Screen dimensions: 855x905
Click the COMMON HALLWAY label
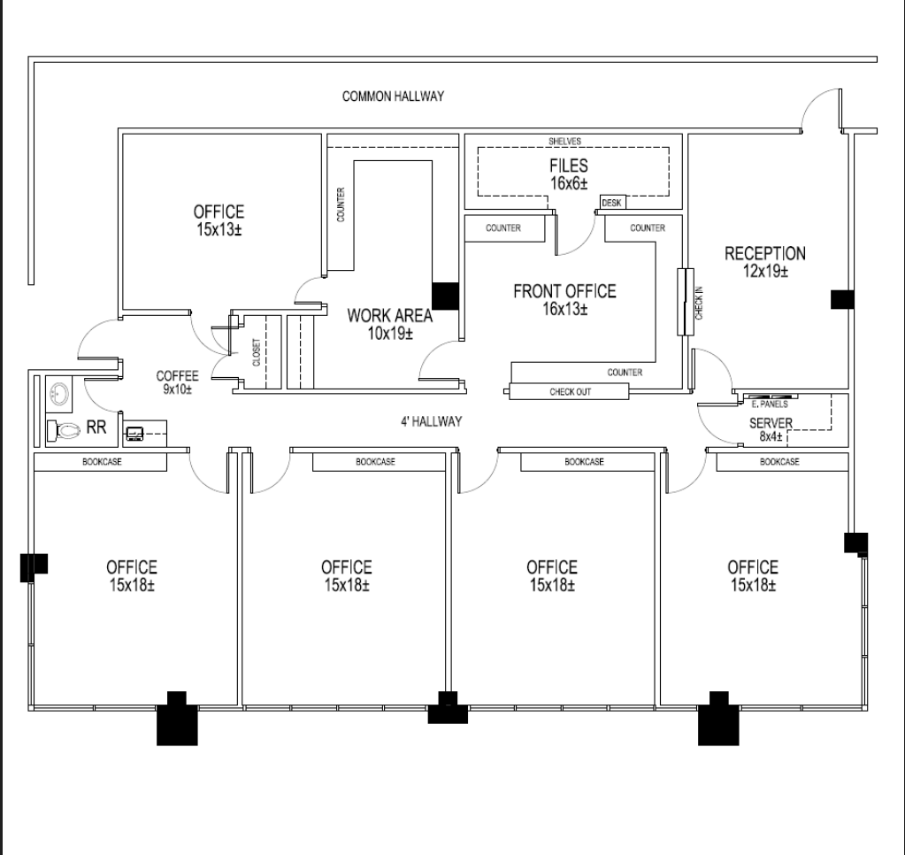click(393, 96)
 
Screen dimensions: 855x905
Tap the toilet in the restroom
click(60, 431)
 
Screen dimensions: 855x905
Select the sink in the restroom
click(58, 395)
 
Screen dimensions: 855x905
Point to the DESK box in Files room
click(612, 203)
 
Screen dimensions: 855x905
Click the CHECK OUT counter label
click(571, 391)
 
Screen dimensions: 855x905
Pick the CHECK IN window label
click(699, 302)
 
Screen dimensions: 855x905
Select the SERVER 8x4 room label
click(771, 429)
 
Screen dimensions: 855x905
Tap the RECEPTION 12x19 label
click(765, 263)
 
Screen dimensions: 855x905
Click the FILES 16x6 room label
click(568, 173)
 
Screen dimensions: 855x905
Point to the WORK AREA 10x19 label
click(389, 324)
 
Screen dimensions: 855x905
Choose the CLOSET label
click(257, 351)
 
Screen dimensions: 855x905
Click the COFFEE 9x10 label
click(177, 382)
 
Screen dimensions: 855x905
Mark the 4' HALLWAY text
click(431, 421)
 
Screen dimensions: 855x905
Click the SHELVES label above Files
click(564, 141)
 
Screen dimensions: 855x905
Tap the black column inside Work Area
click(444, 296)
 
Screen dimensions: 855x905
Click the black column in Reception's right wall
click(842, 299)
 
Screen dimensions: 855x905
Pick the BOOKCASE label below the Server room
click(779, 461)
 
